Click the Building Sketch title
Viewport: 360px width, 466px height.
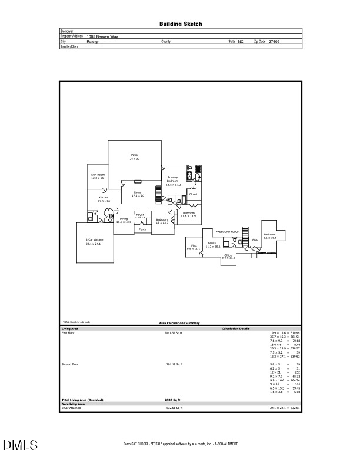181,24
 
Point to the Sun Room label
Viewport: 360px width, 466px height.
98,176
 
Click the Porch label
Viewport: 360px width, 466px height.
142,229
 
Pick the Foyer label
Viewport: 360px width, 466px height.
140,216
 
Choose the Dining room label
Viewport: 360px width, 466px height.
124,220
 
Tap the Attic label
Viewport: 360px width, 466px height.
255,240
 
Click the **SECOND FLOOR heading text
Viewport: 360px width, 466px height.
228,232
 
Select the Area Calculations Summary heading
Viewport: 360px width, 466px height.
180,323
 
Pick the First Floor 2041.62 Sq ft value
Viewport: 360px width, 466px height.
174,333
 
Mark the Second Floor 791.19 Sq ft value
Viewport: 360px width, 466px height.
175,365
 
